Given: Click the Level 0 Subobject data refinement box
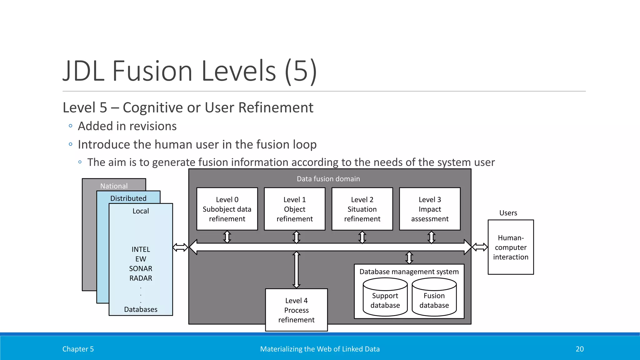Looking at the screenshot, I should [x=227, y=209].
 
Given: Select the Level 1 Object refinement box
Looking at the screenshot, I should [x=295, y=209].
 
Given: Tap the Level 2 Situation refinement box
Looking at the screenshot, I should [x=362, y=209].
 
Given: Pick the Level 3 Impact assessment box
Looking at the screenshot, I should [x=430, y=209].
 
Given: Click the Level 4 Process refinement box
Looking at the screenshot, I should [x=296, y=310].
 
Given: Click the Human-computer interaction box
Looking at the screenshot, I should [x=511, y=247].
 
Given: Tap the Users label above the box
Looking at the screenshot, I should [x=508, y=213].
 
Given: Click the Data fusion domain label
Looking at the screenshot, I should [x=328, y=179].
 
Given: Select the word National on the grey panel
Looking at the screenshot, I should [x=114, y=186].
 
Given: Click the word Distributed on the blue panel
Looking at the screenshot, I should [x=128, y=198].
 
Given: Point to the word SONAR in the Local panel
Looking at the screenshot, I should [x=141, y=268].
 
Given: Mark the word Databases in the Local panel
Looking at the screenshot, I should [x=141, y=309].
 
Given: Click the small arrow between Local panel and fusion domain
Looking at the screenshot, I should [x=180, y=247].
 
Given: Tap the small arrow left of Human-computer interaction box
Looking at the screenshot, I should [x=480, y=247].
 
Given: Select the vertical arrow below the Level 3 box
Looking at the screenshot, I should [x=431, y=237].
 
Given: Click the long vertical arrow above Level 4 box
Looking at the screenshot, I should [x=296, y=270].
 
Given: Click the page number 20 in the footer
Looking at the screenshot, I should [x=579, y=349].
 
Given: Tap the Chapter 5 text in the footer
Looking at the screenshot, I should [x=78, y=349].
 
